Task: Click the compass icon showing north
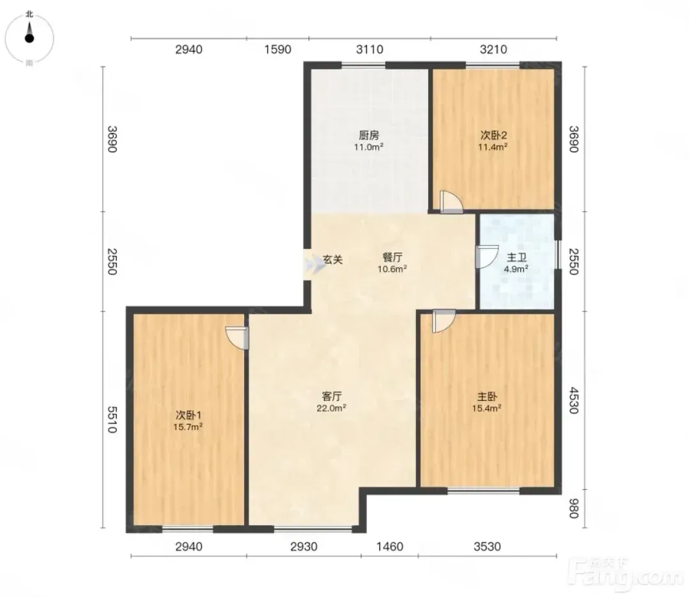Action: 29,38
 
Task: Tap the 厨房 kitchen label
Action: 369,135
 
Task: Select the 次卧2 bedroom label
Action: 493,135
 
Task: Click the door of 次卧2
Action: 451,203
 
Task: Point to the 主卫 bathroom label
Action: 516,257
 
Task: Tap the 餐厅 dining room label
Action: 392,257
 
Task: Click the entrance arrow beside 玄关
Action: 314,265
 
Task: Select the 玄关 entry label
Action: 332,260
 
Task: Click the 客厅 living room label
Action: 332,396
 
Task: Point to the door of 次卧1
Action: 237,338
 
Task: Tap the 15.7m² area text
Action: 188,427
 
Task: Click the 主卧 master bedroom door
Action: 444,321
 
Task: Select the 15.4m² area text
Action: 487,408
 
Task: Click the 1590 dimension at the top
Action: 277,49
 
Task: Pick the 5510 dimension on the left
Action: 112,420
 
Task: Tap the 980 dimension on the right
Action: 573,508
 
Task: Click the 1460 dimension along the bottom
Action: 390,547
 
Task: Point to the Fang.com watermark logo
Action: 626,574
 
